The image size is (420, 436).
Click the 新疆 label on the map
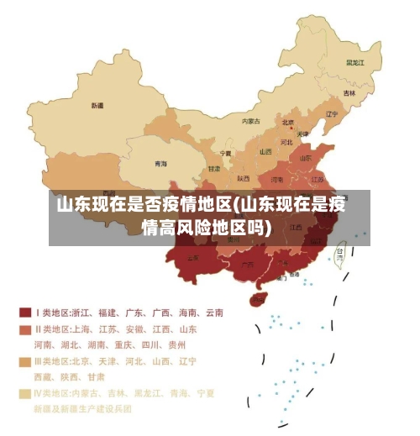[x=97, y=106]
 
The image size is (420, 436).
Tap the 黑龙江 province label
[x=355, y=62]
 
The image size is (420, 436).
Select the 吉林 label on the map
[x=349, y=92]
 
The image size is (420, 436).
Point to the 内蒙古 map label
[x=250, y=121]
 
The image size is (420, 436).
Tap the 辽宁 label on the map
[x=331, y=114]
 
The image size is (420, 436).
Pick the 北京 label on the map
[x=288, y=122]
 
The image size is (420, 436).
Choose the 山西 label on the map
[x=265, y=152]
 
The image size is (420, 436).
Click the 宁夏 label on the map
[x=225, y=154]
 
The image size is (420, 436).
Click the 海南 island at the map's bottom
[x=260, y=298]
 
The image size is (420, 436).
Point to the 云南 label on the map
[x=193, y=257]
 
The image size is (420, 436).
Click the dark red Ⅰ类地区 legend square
[x=24, y=313]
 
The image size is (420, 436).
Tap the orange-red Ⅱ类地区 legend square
[x=24, y=328]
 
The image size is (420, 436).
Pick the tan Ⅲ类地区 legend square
[x=24, y=361]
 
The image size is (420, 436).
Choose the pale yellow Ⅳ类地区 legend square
[x=24, y=392]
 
